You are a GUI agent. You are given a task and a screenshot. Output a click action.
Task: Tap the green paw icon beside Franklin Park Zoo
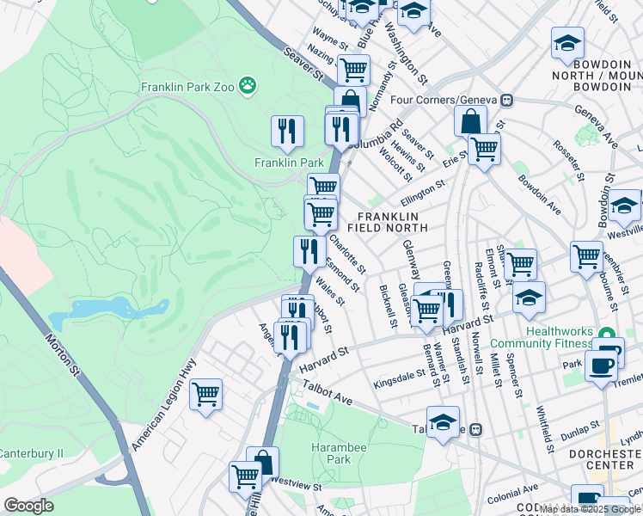point(248,85)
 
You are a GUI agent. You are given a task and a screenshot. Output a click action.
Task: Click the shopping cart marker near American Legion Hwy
point(205,395)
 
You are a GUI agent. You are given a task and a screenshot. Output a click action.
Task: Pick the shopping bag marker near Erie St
point(470,120)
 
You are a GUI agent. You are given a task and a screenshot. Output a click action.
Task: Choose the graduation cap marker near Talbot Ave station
point(443,422)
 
